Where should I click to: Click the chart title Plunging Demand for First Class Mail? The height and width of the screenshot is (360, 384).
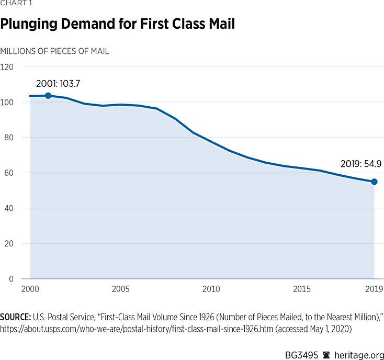click(118, 25)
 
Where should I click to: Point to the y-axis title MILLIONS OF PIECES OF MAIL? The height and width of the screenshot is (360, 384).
click(54, 51)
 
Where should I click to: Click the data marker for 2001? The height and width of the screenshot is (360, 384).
click(48, 95)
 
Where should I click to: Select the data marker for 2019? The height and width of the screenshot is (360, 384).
click(375, 182)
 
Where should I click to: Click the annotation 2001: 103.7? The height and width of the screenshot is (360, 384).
click(58, 83)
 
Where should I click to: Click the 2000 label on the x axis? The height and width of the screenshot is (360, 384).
click(30, 289)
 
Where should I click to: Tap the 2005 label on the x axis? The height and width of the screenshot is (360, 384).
click(121, 289)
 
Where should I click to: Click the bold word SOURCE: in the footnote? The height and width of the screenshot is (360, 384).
click(16, 317)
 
